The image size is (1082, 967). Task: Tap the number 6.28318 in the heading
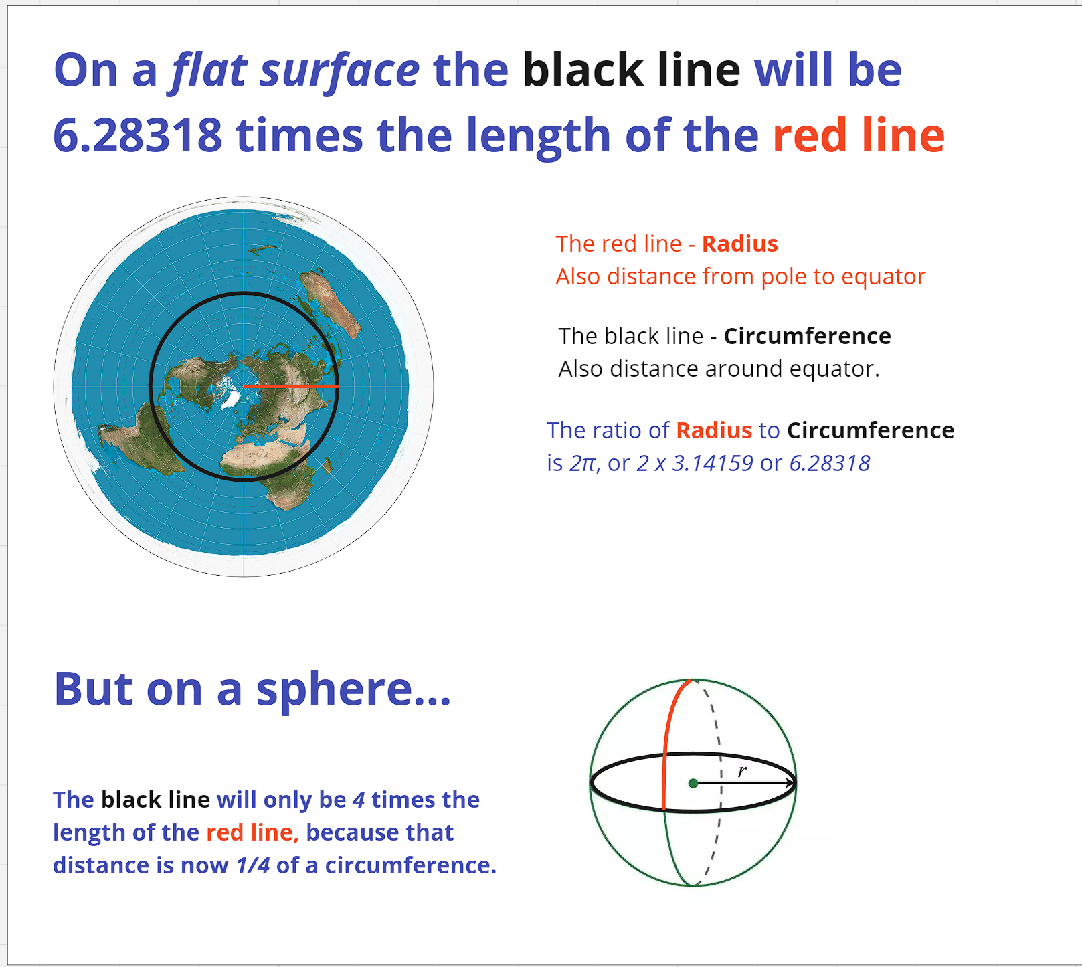point(137,135)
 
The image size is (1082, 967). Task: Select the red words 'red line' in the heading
point(859,135)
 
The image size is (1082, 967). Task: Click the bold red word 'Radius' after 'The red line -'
point(739,244)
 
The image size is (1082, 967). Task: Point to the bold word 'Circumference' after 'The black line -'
point(807,336)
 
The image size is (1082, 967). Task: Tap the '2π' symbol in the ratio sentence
point(582,463)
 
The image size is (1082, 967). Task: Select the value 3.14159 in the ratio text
point(713,463)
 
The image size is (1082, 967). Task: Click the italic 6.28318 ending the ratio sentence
point(830,463)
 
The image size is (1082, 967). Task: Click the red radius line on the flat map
point(291,386)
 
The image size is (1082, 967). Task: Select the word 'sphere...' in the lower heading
point(353,689)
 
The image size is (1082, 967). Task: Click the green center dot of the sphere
point(693,783)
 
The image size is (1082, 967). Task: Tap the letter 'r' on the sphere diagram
point(742,771)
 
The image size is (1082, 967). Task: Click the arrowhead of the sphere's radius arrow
point(790,783)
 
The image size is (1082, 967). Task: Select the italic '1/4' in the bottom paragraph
point(253,865)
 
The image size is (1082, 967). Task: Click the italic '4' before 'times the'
point(359,800)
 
